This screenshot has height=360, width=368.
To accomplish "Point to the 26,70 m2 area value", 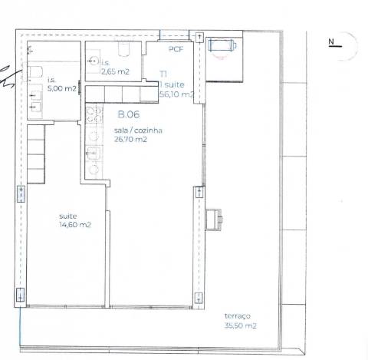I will click(x=130, y=140).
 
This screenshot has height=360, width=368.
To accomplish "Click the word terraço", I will click(x=237, y=316).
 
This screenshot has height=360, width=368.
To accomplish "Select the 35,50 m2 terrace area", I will click(x=240, y=325).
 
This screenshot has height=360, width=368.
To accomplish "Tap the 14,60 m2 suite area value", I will click(x=75, y=225).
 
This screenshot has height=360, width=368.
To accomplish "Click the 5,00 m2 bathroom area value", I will click(x=62, y=89).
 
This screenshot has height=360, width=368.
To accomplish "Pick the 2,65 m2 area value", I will click(x=115, y=71).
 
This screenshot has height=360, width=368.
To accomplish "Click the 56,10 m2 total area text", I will click(x=176, y=94).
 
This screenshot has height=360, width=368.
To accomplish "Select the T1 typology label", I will click(x=163, y=74).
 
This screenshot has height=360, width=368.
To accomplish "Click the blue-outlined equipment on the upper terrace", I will click(x=222, y=45).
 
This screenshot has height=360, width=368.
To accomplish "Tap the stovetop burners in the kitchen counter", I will click(x=94, y=116).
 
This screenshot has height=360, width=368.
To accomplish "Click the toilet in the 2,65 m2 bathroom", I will click(x=128, y=49).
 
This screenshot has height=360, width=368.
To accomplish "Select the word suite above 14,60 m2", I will click(x=67, y=216).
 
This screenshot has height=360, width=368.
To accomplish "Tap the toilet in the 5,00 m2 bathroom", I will click(x=34, y=72).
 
